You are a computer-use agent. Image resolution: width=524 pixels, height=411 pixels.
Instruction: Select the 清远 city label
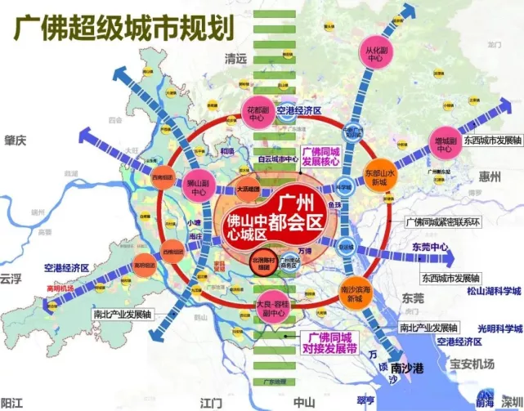click(x=236, y=58)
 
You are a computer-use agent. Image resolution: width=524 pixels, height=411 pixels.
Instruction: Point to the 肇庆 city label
click(x=14, y=141)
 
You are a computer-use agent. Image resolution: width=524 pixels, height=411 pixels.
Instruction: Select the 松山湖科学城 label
click(x=495, y=291)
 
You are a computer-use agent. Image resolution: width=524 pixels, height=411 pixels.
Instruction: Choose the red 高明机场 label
click(x=38, y=288)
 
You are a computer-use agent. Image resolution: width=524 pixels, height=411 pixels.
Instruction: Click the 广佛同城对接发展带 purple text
click(x=329, y=342)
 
